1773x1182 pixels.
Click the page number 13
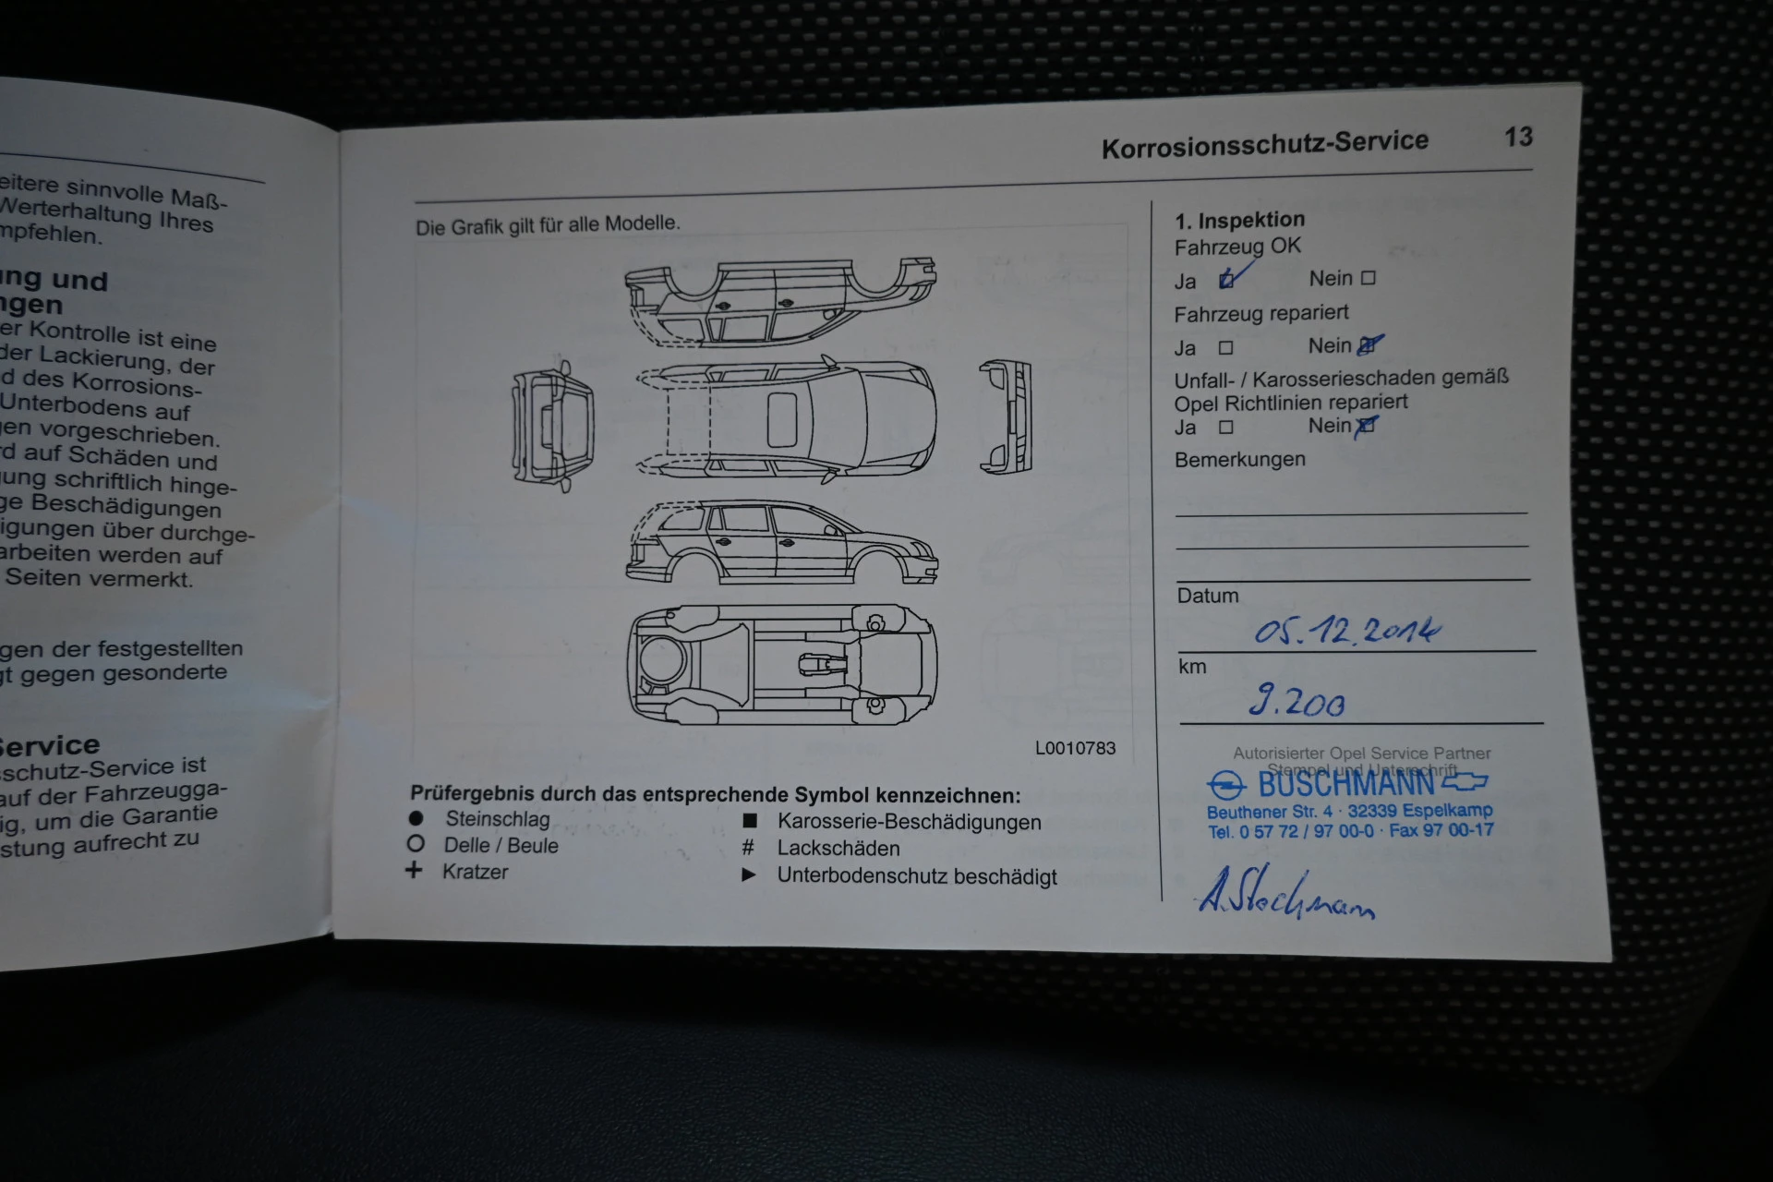[1518, 137]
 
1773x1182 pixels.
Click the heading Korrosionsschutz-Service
[1264, 143]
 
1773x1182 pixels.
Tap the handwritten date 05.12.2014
[1346, 631]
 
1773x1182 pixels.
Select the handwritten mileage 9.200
[1297, 702]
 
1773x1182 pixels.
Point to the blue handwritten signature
[1285, 894]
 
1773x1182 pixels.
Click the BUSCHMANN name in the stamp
[1346, 784]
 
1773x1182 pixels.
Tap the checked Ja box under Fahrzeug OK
[1227, 280]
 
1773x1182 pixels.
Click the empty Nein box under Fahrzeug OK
[1369, 278]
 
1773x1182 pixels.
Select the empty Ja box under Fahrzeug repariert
[1225, 348]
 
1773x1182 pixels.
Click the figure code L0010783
[1075, 748]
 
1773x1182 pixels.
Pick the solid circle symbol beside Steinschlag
[416, 818]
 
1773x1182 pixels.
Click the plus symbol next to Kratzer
[414, 870]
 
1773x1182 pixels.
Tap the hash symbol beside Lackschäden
[748, 847]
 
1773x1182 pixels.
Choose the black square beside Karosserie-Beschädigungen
[750, 820]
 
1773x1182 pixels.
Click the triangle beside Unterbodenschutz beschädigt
[749, 874]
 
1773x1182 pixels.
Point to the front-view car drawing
[1006, 417]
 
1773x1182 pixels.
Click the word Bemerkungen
[1239, 459]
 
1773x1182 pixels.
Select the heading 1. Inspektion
[1239, 220]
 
